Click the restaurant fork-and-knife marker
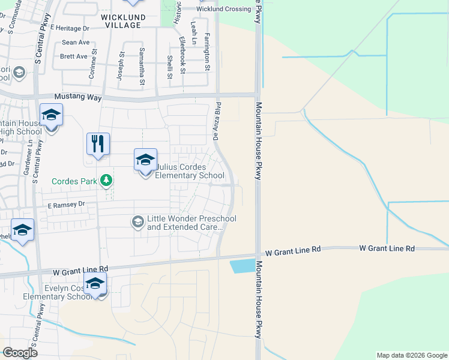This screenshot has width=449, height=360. pyautogui.click(x=98, y=145)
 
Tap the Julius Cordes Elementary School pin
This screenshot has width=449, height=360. pyautogui.click(x=145, y=161)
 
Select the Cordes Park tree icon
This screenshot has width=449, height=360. pyautogui.click(x=106, y=180)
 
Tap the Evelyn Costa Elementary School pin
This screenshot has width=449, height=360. pyautogui.click(x=95, y=284)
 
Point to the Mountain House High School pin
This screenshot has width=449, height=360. pyautogui.click(x=52, y=116)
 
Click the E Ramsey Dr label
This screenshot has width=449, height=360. pyautogui.click(x=67, y=205)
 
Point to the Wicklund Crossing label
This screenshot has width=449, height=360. pyautogui.click(x=223, y=9)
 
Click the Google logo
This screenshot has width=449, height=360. pyautogui.click(x=20, y=352)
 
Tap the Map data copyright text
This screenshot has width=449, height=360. pyautogui.click(x=411, y=355)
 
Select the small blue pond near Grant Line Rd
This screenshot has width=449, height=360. pyautogui.click(x=243, y=266)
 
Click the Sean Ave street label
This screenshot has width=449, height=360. pyautogui.click(x=76, y=43)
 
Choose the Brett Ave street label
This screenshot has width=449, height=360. pyautogui.click(x=74, y=57)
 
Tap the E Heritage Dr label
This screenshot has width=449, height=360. pyautogui.click(x=70, y=28)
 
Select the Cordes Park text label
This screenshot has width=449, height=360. pyautogui.click(x=74, y=181)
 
